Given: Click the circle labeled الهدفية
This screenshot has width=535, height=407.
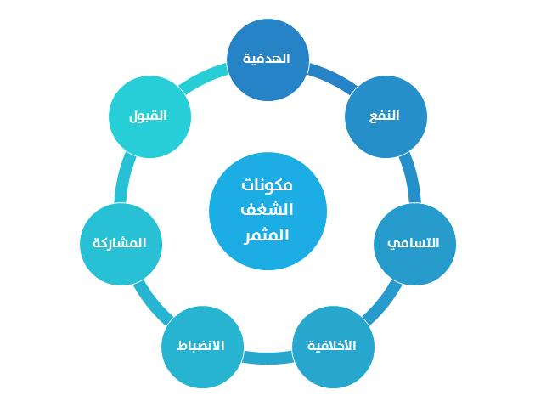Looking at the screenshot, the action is [x=267, y=59].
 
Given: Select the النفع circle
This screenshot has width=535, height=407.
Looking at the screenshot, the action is [x=386, y=116].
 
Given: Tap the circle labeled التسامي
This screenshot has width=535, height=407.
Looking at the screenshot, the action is [x=415, y=244].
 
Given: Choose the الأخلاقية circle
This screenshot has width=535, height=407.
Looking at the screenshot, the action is [x=334, y=347].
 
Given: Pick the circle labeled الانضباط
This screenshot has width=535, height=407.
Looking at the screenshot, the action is [x=202, y=347].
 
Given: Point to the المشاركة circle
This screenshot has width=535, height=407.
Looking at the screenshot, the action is [x=121, y=244].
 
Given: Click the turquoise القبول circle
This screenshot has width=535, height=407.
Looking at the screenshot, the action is [x=149, y=116].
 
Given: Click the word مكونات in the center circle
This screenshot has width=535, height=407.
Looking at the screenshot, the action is [x=267, y=184].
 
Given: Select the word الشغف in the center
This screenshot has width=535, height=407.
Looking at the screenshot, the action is [x=267, y=209].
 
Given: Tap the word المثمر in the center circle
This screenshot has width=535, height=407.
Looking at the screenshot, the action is [x=267, y=235].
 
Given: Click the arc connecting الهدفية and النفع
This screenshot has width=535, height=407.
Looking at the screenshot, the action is [x=334, y=77].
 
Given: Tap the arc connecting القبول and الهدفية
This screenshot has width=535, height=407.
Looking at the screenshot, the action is [x=202, y=77].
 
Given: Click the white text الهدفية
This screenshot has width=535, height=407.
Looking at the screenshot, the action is [x=267, y=59].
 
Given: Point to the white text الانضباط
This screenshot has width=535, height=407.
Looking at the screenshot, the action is [x=200, y=346].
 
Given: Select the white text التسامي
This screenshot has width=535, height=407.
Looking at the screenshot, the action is [x=414, y=243].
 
